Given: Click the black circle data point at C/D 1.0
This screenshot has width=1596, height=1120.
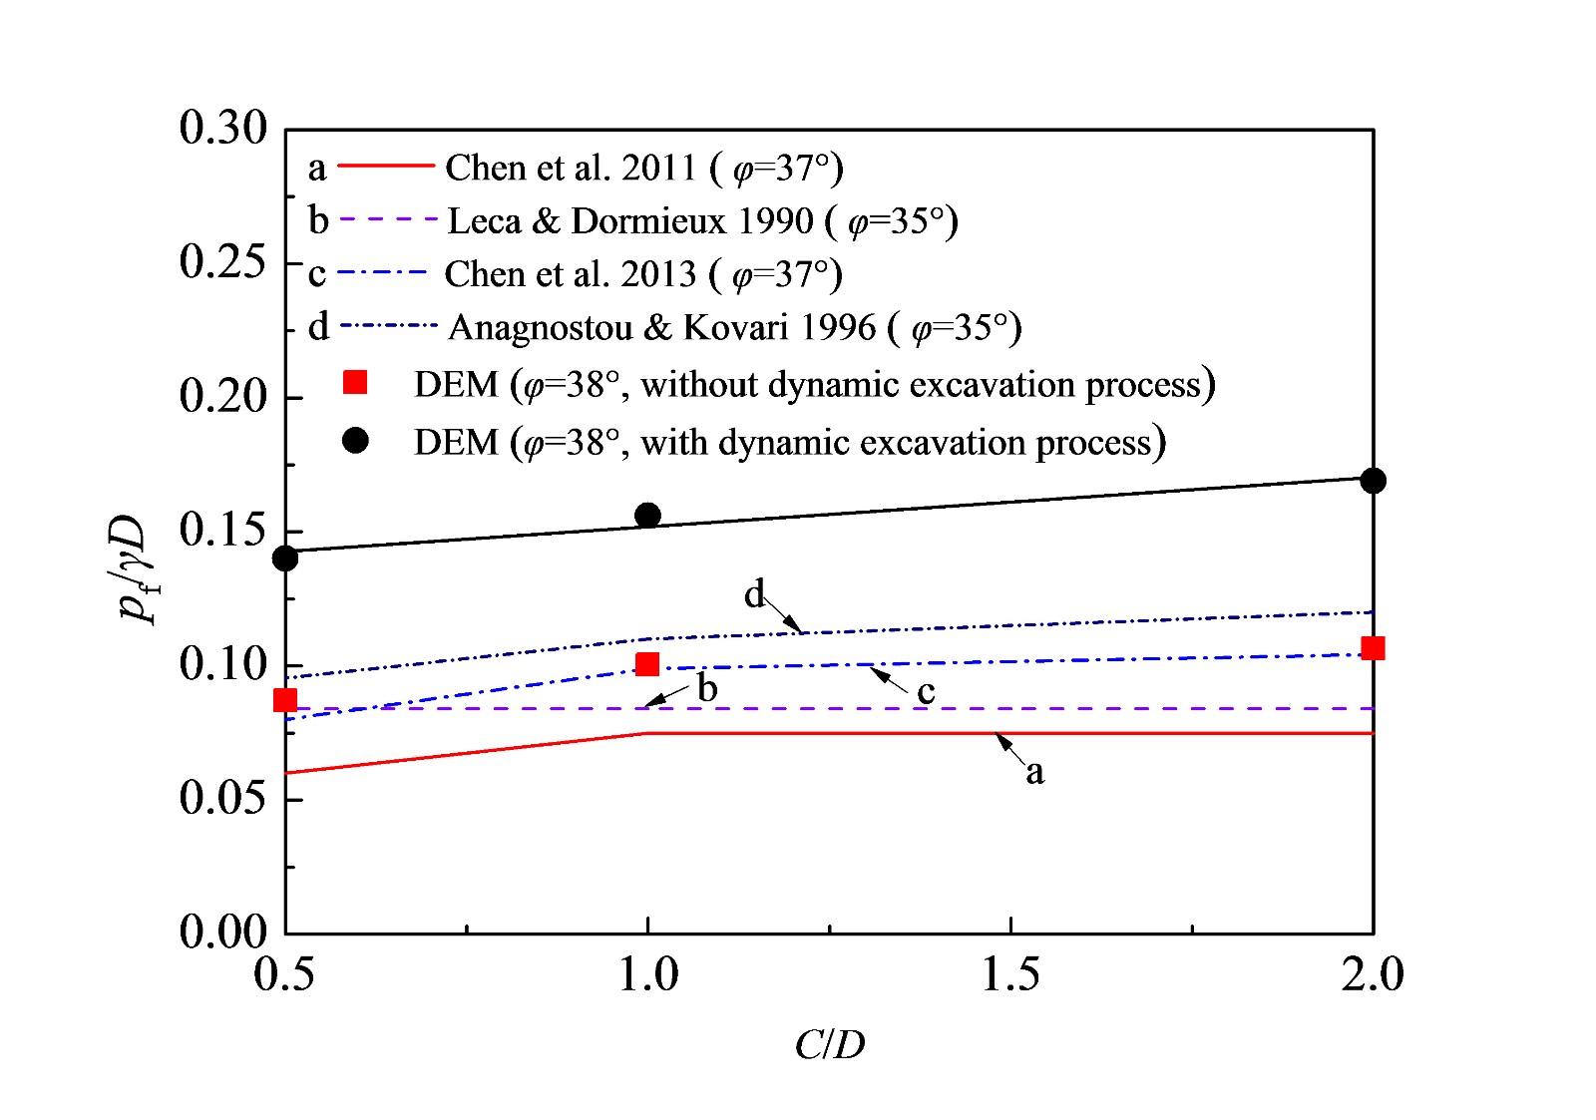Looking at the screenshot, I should [x=647, y=515].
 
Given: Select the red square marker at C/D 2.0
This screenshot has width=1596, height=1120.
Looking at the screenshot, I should [x=1373, y=648].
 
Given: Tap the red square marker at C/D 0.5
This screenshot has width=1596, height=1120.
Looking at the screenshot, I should [x=285, y=700].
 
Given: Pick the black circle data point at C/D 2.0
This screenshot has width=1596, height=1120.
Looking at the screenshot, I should [x=1373, y=481].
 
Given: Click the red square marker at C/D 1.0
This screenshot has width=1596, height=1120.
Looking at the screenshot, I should [x=647, y=664].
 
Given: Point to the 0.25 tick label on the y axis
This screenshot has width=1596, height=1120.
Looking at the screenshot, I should [x=223, y=262].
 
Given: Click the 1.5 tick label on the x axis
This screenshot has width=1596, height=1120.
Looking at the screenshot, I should [x=1010, y=974].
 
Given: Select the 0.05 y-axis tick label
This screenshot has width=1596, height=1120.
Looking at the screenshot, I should [x=223, y=799].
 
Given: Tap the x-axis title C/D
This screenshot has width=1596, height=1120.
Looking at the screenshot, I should [x=829, y=1045].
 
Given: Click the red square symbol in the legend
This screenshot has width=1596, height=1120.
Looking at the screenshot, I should [x=355, y=383].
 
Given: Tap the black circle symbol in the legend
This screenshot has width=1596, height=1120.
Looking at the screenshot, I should [x=355, y=441].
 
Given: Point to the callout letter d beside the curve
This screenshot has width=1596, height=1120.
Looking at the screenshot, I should [x=755, y=595].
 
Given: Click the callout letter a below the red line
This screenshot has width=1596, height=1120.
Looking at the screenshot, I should [x=1035, y=772].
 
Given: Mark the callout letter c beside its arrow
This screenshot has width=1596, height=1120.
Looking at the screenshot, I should [x=926, y=692].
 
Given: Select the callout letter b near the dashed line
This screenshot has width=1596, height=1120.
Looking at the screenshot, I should [x=707, y=688].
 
